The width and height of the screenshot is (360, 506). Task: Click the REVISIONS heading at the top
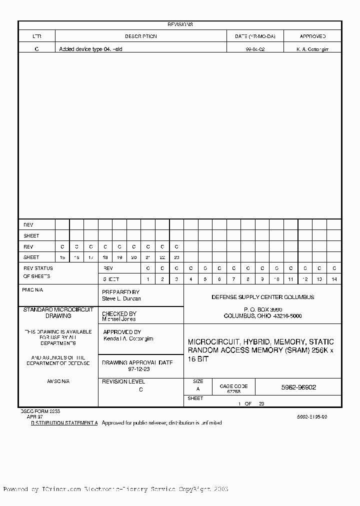(180, 24)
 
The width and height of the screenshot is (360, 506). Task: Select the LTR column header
(37, 36)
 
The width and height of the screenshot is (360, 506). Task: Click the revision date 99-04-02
(255, 49)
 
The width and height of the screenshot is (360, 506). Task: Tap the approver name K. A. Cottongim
(312, 49)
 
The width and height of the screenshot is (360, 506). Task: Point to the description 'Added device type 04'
(90, 49)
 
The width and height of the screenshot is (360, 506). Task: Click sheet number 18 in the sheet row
(105, 257)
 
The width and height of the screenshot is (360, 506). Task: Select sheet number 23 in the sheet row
(176, 257)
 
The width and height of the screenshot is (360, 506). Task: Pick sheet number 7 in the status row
(233, 279)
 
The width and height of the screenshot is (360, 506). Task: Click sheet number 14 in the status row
(334, 279)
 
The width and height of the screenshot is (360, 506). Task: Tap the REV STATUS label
(38, 268)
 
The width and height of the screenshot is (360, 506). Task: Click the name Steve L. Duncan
(121, 298)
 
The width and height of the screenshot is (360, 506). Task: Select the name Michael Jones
(118, 318)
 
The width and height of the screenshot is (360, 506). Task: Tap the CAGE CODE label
(233, 386)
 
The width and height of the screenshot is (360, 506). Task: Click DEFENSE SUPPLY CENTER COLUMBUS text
(262, 297)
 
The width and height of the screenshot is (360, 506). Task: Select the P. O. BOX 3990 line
(262, 309)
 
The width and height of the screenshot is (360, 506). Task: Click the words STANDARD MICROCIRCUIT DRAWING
(58, 313)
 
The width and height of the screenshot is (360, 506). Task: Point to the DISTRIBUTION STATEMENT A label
(64, 422)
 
